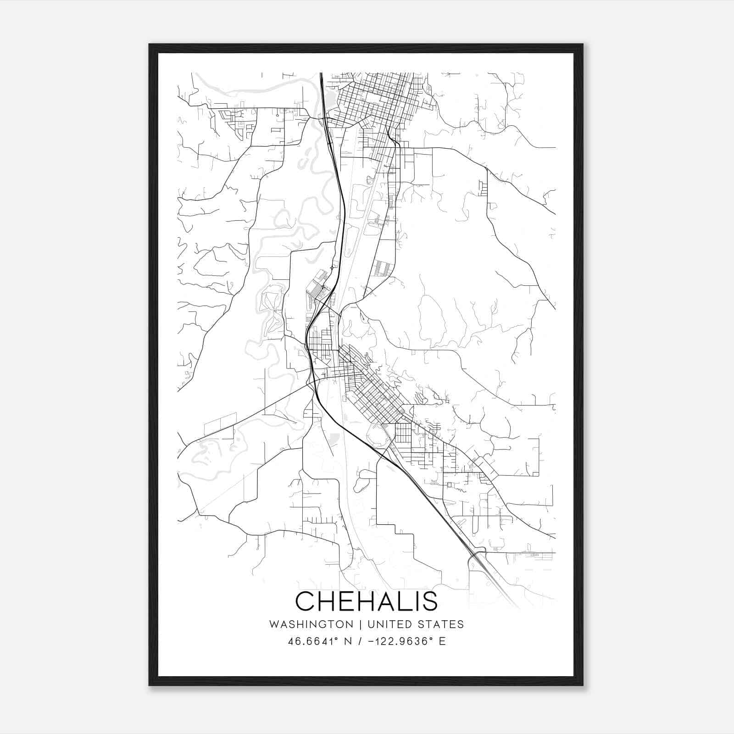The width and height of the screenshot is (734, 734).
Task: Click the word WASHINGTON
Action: point(311,624)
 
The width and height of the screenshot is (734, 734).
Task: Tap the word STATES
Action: point(443,624)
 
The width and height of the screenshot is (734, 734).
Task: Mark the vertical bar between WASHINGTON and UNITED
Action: point(360,624)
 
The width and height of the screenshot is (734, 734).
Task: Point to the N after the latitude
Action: point(348,641)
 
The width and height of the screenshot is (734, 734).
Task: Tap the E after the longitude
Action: point(442,641)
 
